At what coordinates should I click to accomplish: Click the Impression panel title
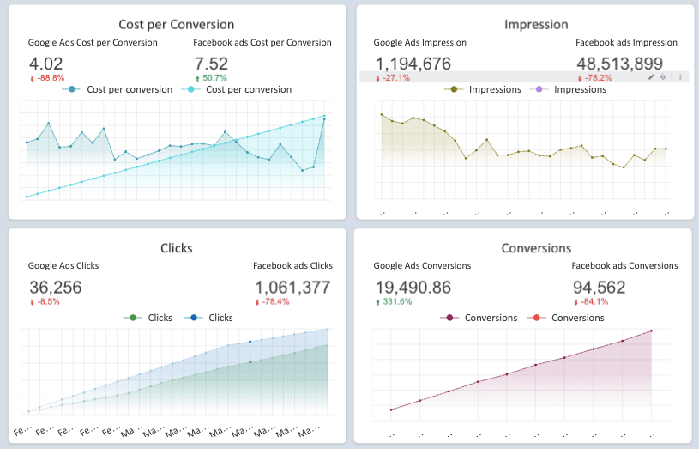click(524, 25)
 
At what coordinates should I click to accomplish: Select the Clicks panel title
click(177, 248)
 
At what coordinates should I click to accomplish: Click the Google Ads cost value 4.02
click(46, 63)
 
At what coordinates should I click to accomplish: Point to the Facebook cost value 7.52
click(211, 63)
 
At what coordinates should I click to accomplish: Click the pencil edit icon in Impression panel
click(651, 77)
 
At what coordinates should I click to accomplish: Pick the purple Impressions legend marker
click(539, 89)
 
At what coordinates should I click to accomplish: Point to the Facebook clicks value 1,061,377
click(292, 287)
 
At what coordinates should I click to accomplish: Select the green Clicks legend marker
click(133, 318)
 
